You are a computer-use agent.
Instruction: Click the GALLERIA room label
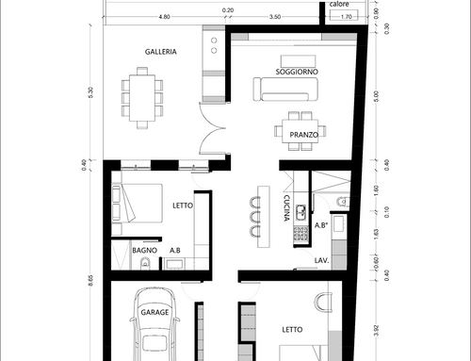[161, 52]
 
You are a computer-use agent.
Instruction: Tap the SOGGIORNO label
[297, 72]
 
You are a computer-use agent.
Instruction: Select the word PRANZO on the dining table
[303, 135]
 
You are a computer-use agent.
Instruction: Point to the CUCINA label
[286, 208]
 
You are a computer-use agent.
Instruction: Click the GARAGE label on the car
[154, 312]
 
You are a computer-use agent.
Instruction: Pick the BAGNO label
[144, 251]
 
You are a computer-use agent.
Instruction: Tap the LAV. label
[321, 260]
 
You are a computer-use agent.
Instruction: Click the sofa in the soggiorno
[285, 90]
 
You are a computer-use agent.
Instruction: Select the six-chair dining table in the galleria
[142, 98]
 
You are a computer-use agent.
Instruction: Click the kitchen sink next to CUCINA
[300, 212]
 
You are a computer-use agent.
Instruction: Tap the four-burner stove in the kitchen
[300, 233]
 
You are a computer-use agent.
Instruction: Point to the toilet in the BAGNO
[145, 263]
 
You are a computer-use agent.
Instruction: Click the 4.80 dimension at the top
[164, 17]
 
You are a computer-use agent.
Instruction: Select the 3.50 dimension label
[275, 17]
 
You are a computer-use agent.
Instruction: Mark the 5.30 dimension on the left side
[90, 92]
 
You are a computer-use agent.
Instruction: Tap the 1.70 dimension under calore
[346, 17]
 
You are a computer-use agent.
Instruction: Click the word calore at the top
[339, 4]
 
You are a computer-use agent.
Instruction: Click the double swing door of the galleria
[212, 128]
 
